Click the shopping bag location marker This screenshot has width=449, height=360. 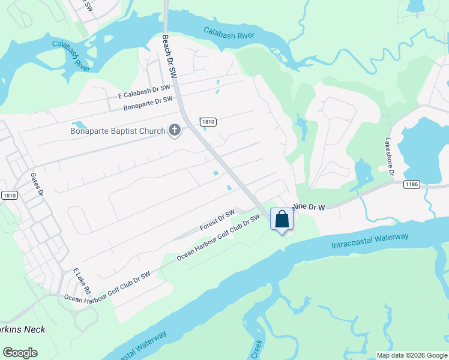click(x=282, y=220)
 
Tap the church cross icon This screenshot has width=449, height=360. click(x=175, y=130)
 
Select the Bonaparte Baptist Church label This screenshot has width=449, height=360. click(x=118, y=131)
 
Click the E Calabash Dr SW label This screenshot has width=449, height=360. click(x=145, y=91)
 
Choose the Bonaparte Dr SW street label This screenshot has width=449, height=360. click(x=148, y=103)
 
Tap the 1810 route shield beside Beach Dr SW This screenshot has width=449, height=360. click(x=208, y=122)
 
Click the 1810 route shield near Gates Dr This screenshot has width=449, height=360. click(x=9, y=195)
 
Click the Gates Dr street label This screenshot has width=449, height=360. click(x=37, y=183)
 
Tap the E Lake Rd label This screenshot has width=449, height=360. click(x=80, y=281)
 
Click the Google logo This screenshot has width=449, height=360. click(x=20, y=353)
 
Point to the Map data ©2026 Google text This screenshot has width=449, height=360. click(x=412, y=355)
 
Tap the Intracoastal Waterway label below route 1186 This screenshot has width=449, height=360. click(x=370, y=241)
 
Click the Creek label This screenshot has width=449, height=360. click(x=256, y=349)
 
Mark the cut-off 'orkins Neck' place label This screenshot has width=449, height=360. click(x=23, y=329)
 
